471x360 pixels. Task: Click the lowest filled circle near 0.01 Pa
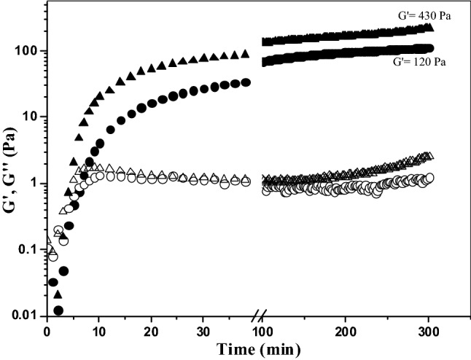tap(58, 310)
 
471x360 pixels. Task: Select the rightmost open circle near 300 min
tap(430, 178)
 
